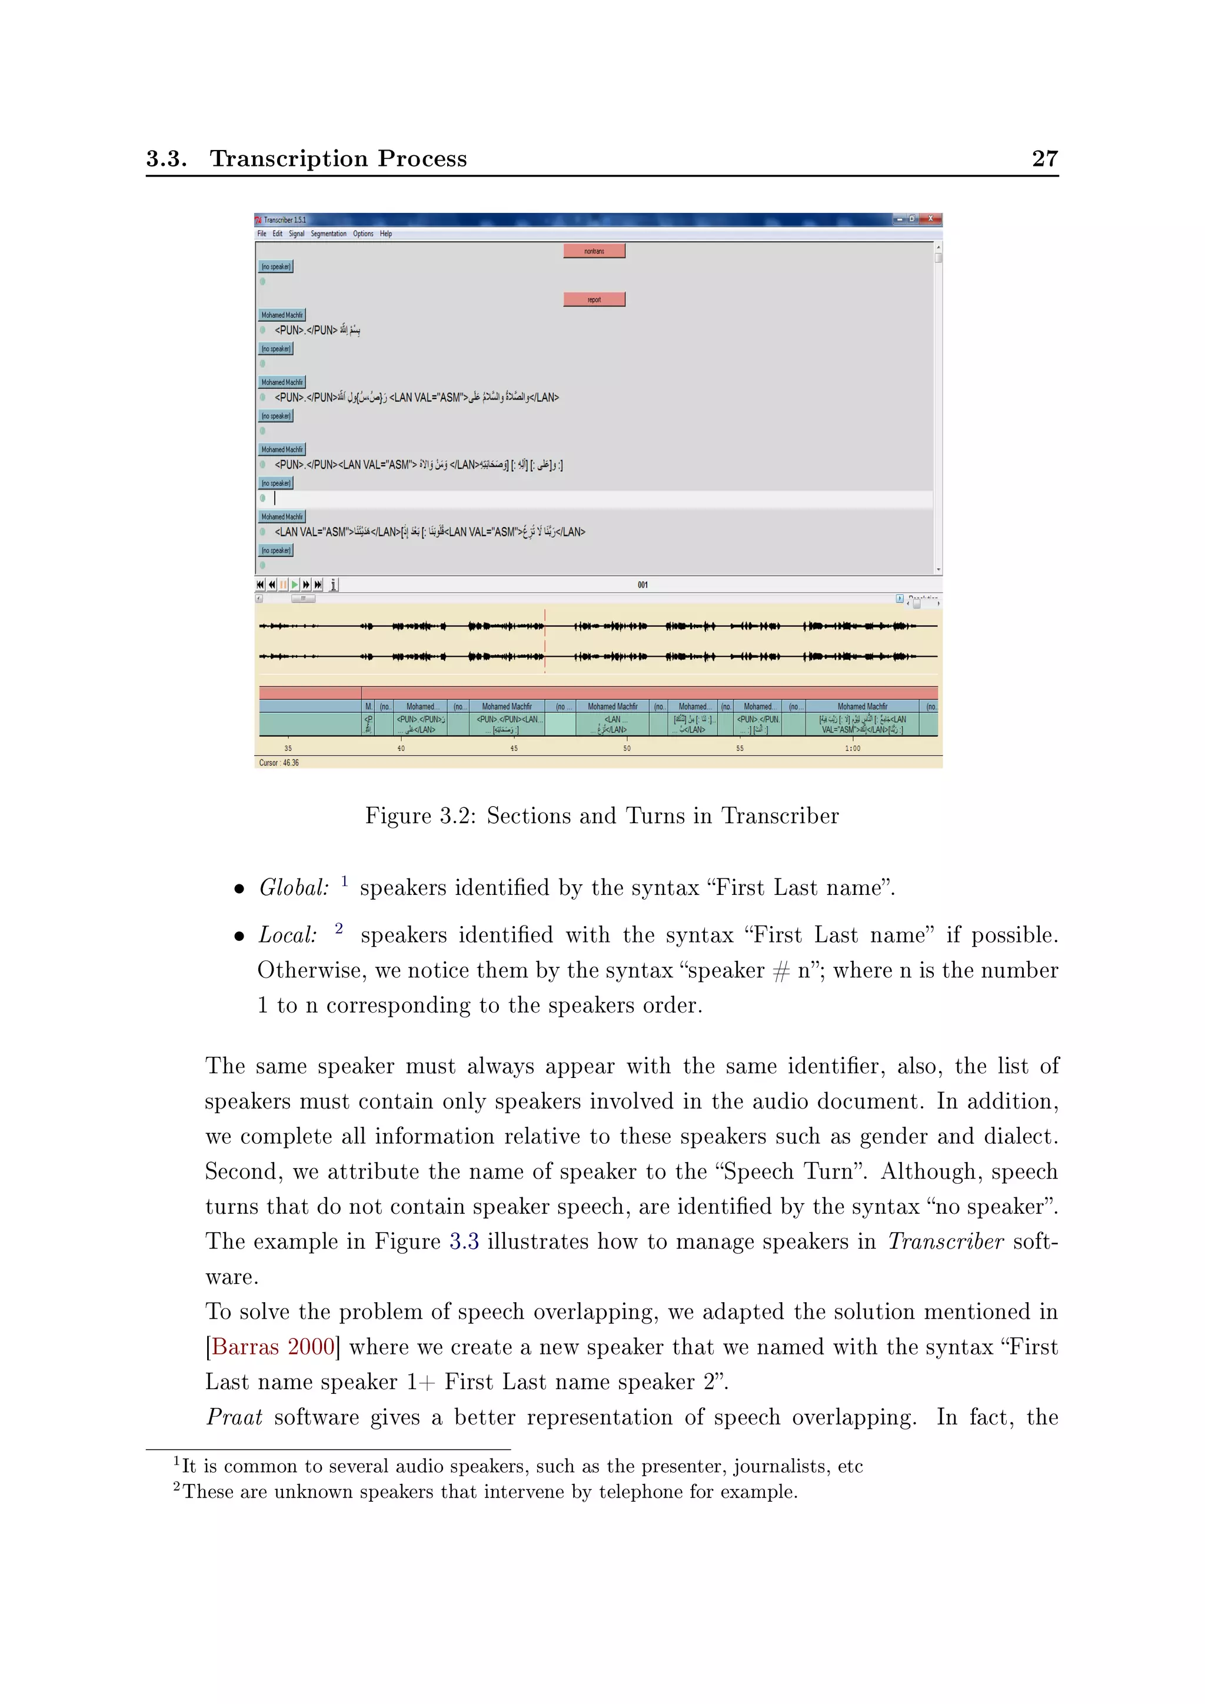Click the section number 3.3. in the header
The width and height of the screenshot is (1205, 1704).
pos(166,158)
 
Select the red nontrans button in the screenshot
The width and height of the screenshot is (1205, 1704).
pos(594,251)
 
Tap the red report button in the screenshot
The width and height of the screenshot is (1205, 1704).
pos(594,299)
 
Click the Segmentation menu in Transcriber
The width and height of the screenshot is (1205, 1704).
pos(328,234)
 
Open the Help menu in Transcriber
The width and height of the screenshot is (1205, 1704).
pos(386,234)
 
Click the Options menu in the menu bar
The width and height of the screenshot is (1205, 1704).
pos(363,234)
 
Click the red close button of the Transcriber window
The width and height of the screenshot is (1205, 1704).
pos(930,219)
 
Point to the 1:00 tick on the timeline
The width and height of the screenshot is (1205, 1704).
pos(853,748)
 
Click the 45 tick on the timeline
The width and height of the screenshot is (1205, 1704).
pos(514,748)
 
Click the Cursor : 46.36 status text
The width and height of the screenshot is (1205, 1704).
pos(279,762)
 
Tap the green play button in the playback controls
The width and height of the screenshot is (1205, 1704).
pos(295,585)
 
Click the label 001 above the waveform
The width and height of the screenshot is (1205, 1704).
pos(643,585)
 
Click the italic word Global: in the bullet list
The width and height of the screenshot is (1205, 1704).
pos(294,888)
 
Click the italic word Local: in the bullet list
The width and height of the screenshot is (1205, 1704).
pos(287,935)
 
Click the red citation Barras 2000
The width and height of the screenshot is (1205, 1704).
pos(273,1346)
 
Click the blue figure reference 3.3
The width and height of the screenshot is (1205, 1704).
pos(464,1241)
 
